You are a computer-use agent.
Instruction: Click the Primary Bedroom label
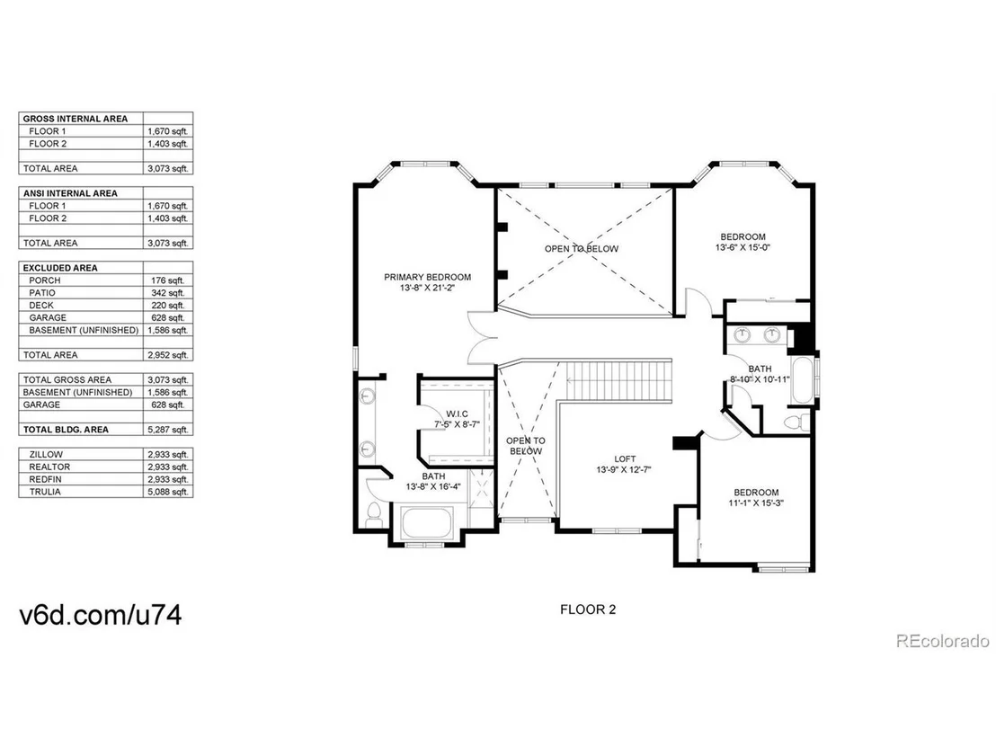(428, 277)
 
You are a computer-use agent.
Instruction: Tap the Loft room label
(625, 458)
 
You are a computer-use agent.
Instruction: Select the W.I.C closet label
(457, 414)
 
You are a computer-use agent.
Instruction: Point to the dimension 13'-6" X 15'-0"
(743, 248)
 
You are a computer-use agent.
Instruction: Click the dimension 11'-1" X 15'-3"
(756, 503)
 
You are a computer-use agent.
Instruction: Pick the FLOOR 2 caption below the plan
(588, 609)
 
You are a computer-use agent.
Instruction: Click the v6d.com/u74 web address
(101, 615)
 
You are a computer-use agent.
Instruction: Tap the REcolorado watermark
(943, 641)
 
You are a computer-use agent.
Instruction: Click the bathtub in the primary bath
(426, 524)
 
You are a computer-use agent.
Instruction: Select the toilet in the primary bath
(374, 514)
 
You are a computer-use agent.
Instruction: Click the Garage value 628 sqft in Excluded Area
(168, 317)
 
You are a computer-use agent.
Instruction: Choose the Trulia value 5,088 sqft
(168, 492)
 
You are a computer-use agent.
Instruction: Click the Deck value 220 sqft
(168, 306)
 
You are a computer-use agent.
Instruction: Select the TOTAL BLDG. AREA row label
(66, 430)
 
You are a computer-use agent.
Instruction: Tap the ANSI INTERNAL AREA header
(70, 193)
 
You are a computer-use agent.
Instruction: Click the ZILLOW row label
(46, 454)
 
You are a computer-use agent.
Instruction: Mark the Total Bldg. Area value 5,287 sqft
(168, 430)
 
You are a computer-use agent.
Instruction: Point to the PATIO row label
(42, 293)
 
